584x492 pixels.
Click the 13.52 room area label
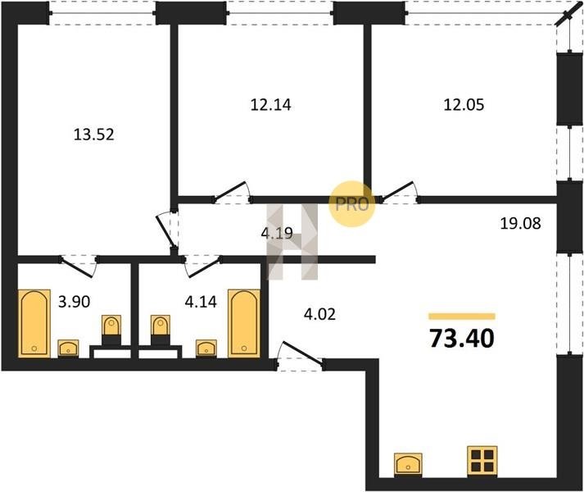coord(94,134)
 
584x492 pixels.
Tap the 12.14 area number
coord(271,104)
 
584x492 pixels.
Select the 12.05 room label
coord(464,104)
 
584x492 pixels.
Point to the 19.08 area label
coord(520,224)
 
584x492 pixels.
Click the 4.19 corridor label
coord(277,234)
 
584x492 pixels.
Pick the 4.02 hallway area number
coord(319,314)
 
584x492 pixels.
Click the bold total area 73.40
coord(462,339)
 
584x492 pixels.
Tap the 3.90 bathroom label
coord(74,302)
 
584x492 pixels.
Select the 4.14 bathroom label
coord(201,302)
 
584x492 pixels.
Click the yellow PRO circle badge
coord(351,203)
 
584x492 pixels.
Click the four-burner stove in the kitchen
coord(482,461)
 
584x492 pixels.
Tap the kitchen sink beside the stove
coord(408,464)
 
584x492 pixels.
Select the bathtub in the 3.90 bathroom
coord(34,323)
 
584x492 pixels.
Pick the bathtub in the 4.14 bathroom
coord(244,323)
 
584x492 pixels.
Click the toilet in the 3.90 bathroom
coord(111,330)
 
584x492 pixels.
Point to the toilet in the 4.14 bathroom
coord(161,330)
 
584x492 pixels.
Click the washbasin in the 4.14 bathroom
coord(206,348)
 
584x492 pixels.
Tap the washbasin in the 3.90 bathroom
coord(68,348)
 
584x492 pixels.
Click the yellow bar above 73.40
coord(462,317)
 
